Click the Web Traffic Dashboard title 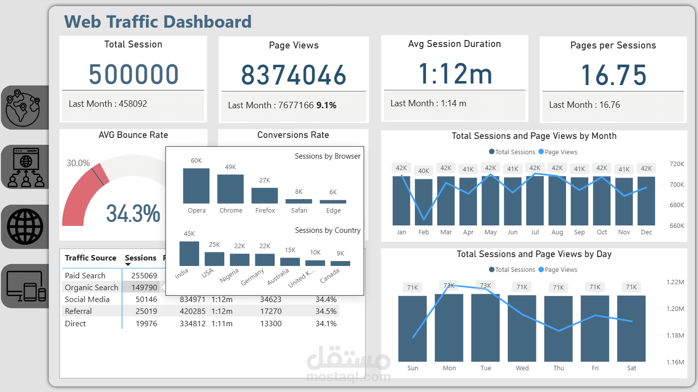pos(158,22)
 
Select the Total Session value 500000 pos(133,74)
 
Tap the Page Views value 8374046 pos(293,75)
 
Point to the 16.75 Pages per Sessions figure pos(613,75)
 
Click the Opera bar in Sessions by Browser pos(196,186)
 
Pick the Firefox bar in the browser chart pos(265,196)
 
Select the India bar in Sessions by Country pos(189,254)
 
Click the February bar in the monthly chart pos(424,202)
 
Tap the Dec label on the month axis pos(646,232)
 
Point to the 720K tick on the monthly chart pos(676,164)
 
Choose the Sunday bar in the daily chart pos(412,328)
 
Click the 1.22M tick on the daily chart pos(675,282)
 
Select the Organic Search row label pos(91,287)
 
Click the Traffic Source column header pos(90,258)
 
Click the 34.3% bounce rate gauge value pos(133,214)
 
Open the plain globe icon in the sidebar pos(25,226)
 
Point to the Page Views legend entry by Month pos(558,152)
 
